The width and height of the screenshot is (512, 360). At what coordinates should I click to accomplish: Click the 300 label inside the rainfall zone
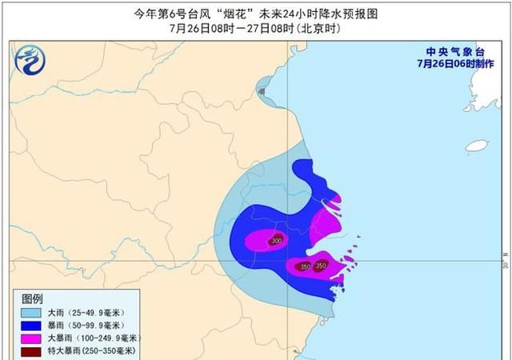pyautogui.click(x=277, y=241)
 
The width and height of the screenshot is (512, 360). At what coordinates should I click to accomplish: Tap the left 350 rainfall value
pyautogui.click(x=304, y=266)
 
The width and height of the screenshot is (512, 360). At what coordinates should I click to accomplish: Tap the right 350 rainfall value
pyautogui.click(x=321, y=266)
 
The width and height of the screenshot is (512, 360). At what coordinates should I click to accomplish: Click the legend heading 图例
pyautogui.click(x=31, y=298)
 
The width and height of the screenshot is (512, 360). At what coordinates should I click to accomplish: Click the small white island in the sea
pyautogui.click(x=477, y=146)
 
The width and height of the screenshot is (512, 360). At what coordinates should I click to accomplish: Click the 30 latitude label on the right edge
pyautogui.click(x=506, y=262)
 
